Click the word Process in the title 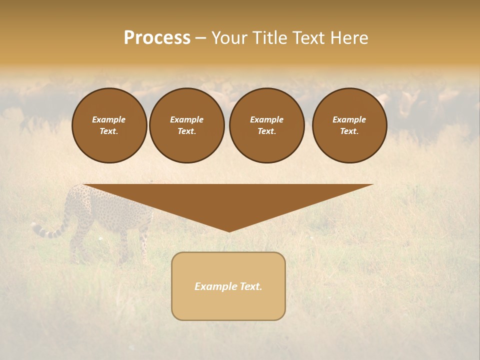coord(157,38)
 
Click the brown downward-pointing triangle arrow coord(228,200)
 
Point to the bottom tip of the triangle coord(229,230)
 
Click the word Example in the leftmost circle coord(109,119)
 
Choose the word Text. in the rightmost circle coord(349,131)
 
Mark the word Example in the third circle coord(266,119)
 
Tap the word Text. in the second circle coord(186,131)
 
